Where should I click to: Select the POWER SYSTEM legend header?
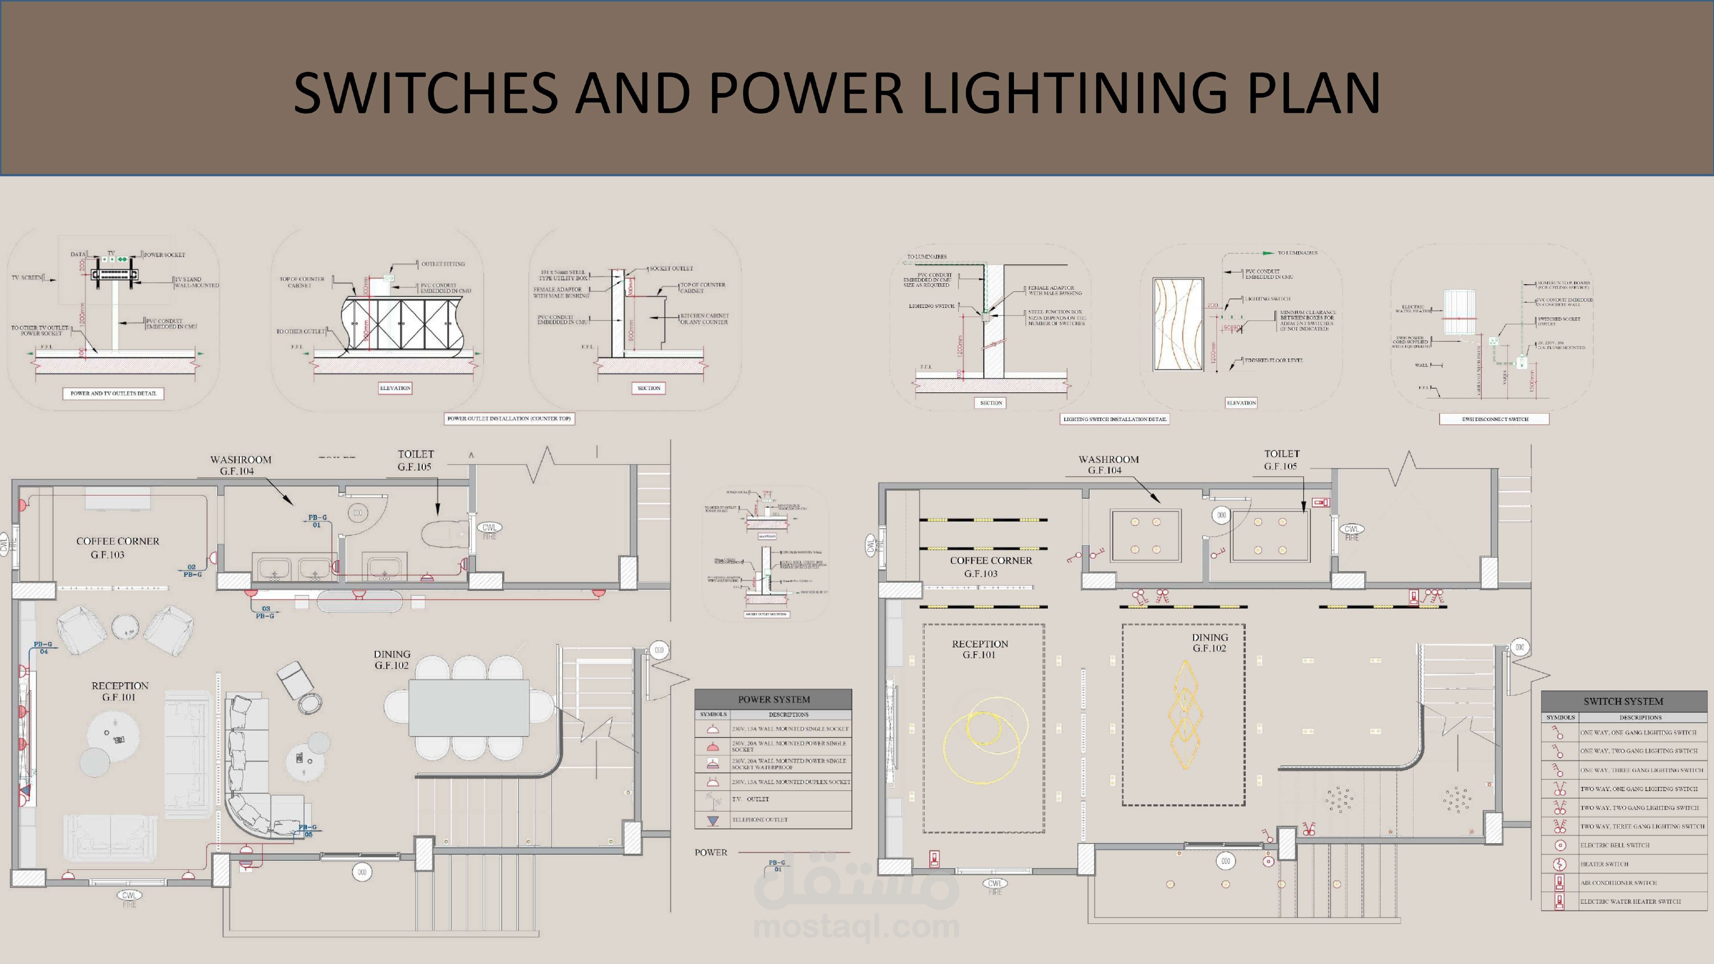click(773, 699)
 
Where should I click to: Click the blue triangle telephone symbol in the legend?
click(713, 820)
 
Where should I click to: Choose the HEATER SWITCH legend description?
click(1604, 864)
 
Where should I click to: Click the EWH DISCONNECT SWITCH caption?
click(1494, 419)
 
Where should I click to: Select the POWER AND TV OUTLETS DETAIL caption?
click(114, 393)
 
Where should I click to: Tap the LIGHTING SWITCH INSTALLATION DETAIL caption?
click(1115, 419)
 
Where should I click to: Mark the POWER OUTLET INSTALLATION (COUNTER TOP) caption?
click(509, 419)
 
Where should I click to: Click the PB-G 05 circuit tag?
click(307, 830)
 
